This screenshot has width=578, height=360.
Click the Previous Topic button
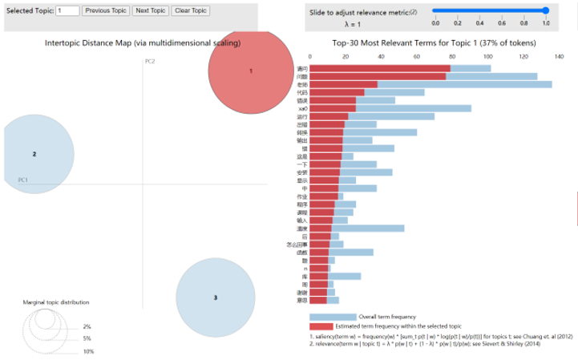click(105, 10)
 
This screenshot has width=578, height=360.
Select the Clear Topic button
click(190, 10)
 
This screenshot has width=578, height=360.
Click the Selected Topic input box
click(67, 10)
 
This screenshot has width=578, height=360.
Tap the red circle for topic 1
click(250, 71)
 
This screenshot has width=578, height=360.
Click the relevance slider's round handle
click(545, 10)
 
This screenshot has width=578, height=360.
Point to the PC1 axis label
click(23, 180)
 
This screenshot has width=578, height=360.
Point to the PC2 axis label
click(150, 62)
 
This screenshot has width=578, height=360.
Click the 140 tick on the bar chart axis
click(559, 57)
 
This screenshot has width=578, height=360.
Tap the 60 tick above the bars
click(416, 57)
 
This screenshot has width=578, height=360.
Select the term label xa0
click(301, 108)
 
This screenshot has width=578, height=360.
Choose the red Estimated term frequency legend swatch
click(321, 326)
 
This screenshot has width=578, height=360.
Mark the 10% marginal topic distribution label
click(88, 351)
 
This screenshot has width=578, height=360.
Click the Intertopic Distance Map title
click(143, 42)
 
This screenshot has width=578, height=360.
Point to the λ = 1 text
click(343, 25)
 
